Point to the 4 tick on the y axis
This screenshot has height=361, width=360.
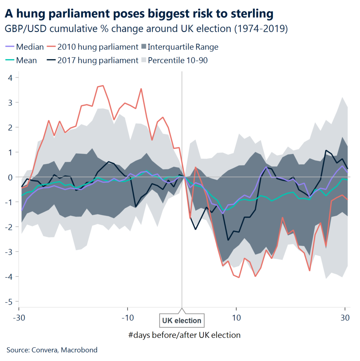point(12,78)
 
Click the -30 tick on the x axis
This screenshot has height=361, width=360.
point(19,317)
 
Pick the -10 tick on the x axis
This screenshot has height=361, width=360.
point(128,317)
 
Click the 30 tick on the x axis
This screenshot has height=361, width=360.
point(345,317)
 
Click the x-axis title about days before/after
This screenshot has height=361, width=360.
point(185,335)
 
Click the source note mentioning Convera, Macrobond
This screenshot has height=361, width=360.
point(52,350)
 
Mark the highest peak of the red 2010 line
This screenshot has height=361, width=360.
point(103,85)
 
